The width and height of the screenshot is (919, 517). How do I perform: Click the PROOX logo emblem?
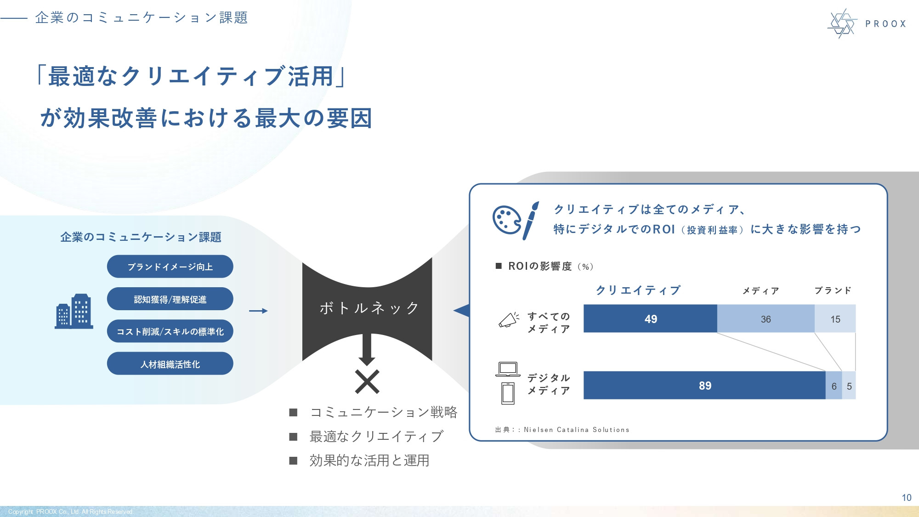842,23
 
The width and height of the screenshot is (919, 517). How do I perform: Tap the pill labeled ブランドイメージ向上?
170,267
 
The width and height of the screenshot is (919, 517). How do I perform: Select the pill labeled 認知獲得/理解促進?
170,299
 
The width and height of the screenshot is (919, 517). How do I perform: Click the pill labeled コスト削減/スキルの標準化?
170,331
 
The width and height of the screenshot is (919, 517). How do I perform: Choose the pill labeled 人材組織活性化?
170,364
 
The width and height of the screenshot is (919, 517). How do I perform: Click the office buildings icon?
74,311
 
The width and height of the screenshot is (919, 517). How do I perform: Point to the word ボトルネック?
369,307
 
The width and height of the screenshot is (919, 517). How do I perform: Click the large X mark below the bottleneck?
367,382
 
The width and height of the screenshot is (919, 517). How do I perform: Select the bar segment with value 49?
650,318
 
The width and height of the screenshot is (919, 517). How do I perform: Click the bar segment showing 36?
766,318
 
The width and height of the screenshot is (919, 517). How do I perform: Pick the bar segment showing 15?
835,318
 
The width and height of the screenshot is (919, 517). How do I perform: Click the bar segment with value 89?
704,386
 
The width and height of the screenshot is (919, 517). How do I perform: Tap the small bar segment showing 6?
834,386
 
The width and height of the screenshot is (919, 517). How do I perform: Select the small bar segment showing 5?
849,386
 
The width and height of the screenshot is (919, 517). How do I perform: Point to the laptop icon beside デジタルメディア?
508,369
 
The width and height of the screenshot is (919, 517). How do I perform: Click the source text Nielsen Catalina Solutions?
576,430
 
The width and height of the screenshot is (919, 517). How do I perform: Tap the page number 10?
906,498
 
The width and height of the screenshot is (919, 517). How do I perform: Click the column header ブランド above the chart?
833,290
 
